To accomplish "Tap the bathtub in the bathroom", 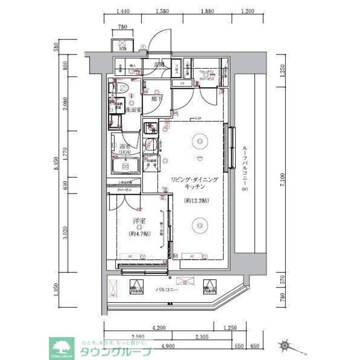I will tap(125, 166).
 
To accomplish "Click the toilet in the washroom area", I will tap(124, 90).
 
